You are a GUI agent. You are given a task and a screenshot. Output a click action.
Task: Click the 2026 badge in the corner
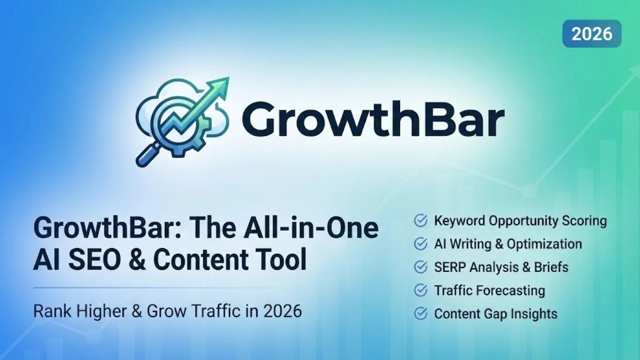(591, 33)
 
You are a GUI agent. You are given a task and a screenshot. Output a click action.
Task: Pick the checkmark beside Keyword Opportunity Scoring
(420, 220)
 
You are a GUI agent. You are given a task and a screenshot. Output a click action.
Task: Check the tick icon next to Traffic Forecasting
(420, 290)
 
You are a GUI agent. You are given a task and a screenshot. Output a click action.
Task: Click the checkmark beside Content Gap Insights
(420, 313)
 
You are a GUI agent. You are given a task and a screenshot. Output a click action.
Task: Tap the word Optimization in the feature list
(544, 244)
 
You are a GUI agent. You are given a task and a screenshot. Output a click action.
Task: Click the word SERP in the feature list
(450, 267)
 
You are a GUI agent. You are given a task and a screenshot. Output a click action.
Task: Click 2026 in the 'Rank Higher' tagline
(282, 311)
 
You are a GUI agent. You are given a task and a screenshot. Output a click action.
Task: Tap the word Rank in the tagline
(52, 311)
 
